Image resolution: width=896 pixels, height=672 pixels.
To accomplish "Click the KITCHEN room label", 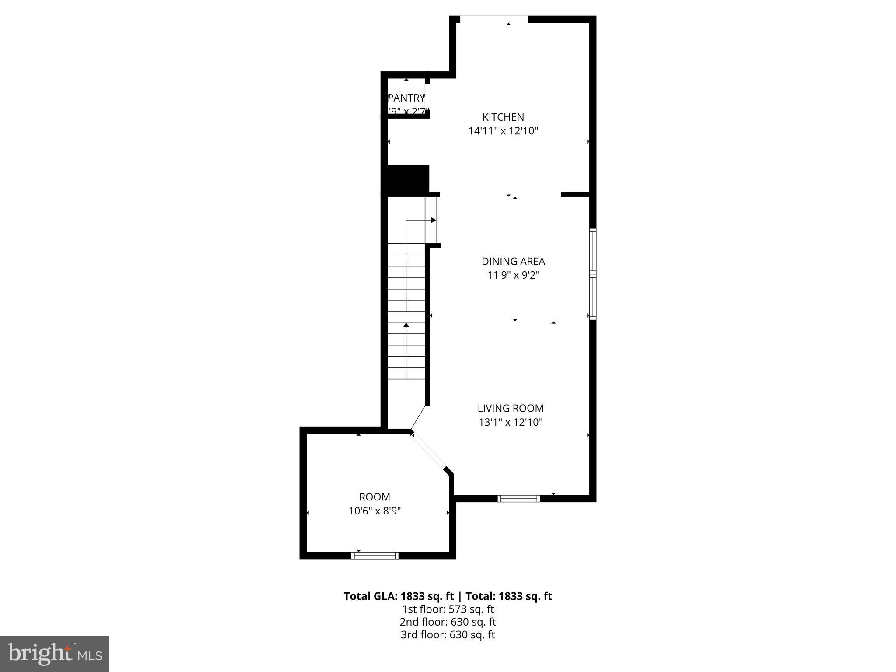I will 503,117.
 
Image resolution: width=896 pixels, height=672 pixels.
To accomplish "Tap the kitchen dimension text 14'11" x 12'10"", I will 503,131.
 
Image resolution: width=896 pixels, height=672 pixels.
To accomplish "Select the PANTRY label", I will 406,98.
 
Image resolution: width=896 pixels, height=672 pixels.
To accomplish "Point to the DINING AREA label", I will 513,262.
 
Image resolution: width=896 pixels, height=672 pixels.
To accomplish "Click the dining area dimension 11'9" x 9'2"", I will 513,275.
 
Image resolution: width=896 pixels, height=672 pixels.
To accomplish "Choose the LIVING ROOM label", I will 511,409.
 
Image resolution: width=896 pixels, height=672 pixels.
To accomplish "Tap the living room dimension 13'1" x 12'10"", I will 511,422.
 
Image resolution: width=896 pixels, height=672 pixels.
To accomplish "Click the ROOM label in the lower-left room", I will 374,497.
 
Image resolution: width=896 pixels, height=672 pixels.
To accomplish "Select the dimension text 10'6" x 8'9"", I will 374,511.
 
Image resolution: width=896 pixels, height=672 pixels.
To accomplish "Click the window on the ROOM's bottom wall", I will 374,555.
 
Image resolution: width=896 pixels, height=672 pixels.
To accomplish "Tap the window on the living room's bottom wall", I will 519,498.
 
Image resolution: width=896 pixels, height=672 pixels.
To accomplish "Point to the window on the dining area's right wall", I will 593,274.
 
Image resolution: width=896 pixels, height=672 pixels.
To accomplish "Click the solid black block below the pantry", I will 406,180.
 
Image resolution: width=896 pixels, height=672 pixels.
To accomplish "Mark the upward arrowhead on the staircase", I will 406,325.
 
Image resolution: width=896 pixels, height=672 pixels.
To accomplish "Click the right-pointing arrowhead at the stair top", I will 433,220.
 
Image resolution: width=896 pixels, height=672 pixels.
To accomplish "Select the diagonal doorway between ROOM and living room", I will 429,451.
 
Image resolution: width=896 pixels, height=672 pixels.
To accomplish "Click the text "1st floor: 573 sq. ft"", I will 448,609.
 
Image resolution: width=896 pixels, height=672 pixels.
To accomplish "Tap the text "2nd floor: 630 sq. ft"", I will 448,622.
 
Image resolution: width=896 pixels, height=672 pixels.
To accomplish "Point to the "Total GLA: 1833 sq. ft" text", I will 399,596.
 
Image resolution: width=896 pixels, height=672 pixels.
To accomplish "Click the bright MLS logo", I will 55,654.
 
